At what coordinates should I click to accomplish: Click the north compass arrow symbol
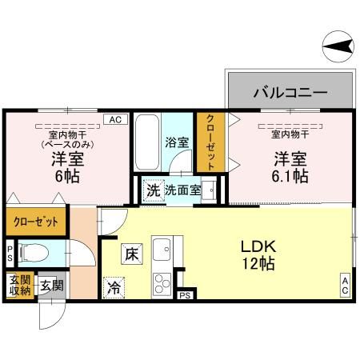pos(339,46)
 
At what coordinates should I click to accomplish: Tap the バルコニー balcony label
pos(290,92)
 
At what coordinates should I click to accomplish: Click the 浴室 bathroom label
pos(177,143)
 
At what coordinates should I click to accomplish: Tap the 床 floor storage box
pos(132,255)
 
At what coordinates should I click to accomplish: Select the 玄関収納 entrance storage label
pos(20,286)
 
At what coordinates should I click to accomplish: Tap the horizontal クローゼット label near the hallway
pos(34,222)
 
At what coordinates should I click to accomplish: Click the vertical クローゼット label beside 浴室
pos(210,142)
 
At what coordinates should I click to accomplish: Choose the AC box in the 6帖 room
pos(114,119)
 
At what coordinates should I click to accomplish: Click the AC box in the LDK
pos(345,285)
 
